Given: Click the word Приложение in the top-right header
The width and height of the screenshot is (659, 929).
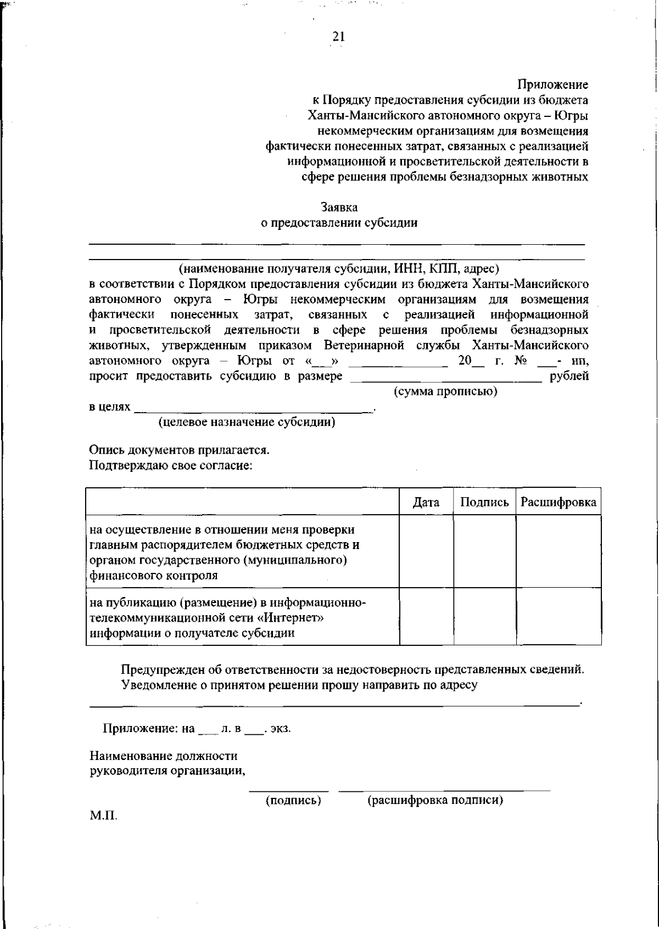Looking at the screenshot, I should click(x=552, y=85).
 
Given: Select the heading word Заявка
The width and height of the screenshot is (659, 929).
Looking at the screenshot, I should click(x=339, y=207).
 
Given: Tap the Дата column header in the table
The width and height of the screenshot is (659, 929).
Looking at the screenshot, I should click(x=426, y=502).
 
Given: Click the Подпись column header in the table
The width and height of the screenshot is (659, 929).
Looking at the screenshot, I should click(x=484, y=502).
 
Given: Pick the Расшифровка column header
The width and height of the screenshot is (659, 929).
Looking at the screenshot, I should click(x=558, y=502).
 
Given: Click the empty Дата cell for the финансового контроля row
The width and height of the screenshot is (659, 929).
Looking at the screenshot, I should click(x=426, y=551).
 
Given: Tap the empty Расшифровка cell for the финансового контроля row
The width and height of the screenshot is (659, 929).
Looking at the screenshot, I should click(x=558, y=551).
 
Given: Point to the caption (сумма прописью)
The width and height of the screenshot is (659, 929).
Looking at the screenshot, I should click(x=445, y=392).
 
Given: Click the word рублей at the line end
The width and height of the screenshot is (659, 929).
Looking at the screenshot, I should click(x=569, y=376).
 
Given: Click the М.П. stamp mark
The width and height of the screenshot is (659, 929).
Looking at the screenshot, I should click(x=103, y=815).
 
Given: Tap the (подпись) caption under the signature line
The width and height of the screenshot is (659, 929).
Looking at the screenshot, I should click(x=293, y=800).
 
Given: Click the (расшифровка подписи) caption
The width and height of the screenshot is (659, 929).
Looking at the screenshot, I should click(x=435, y=800).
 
